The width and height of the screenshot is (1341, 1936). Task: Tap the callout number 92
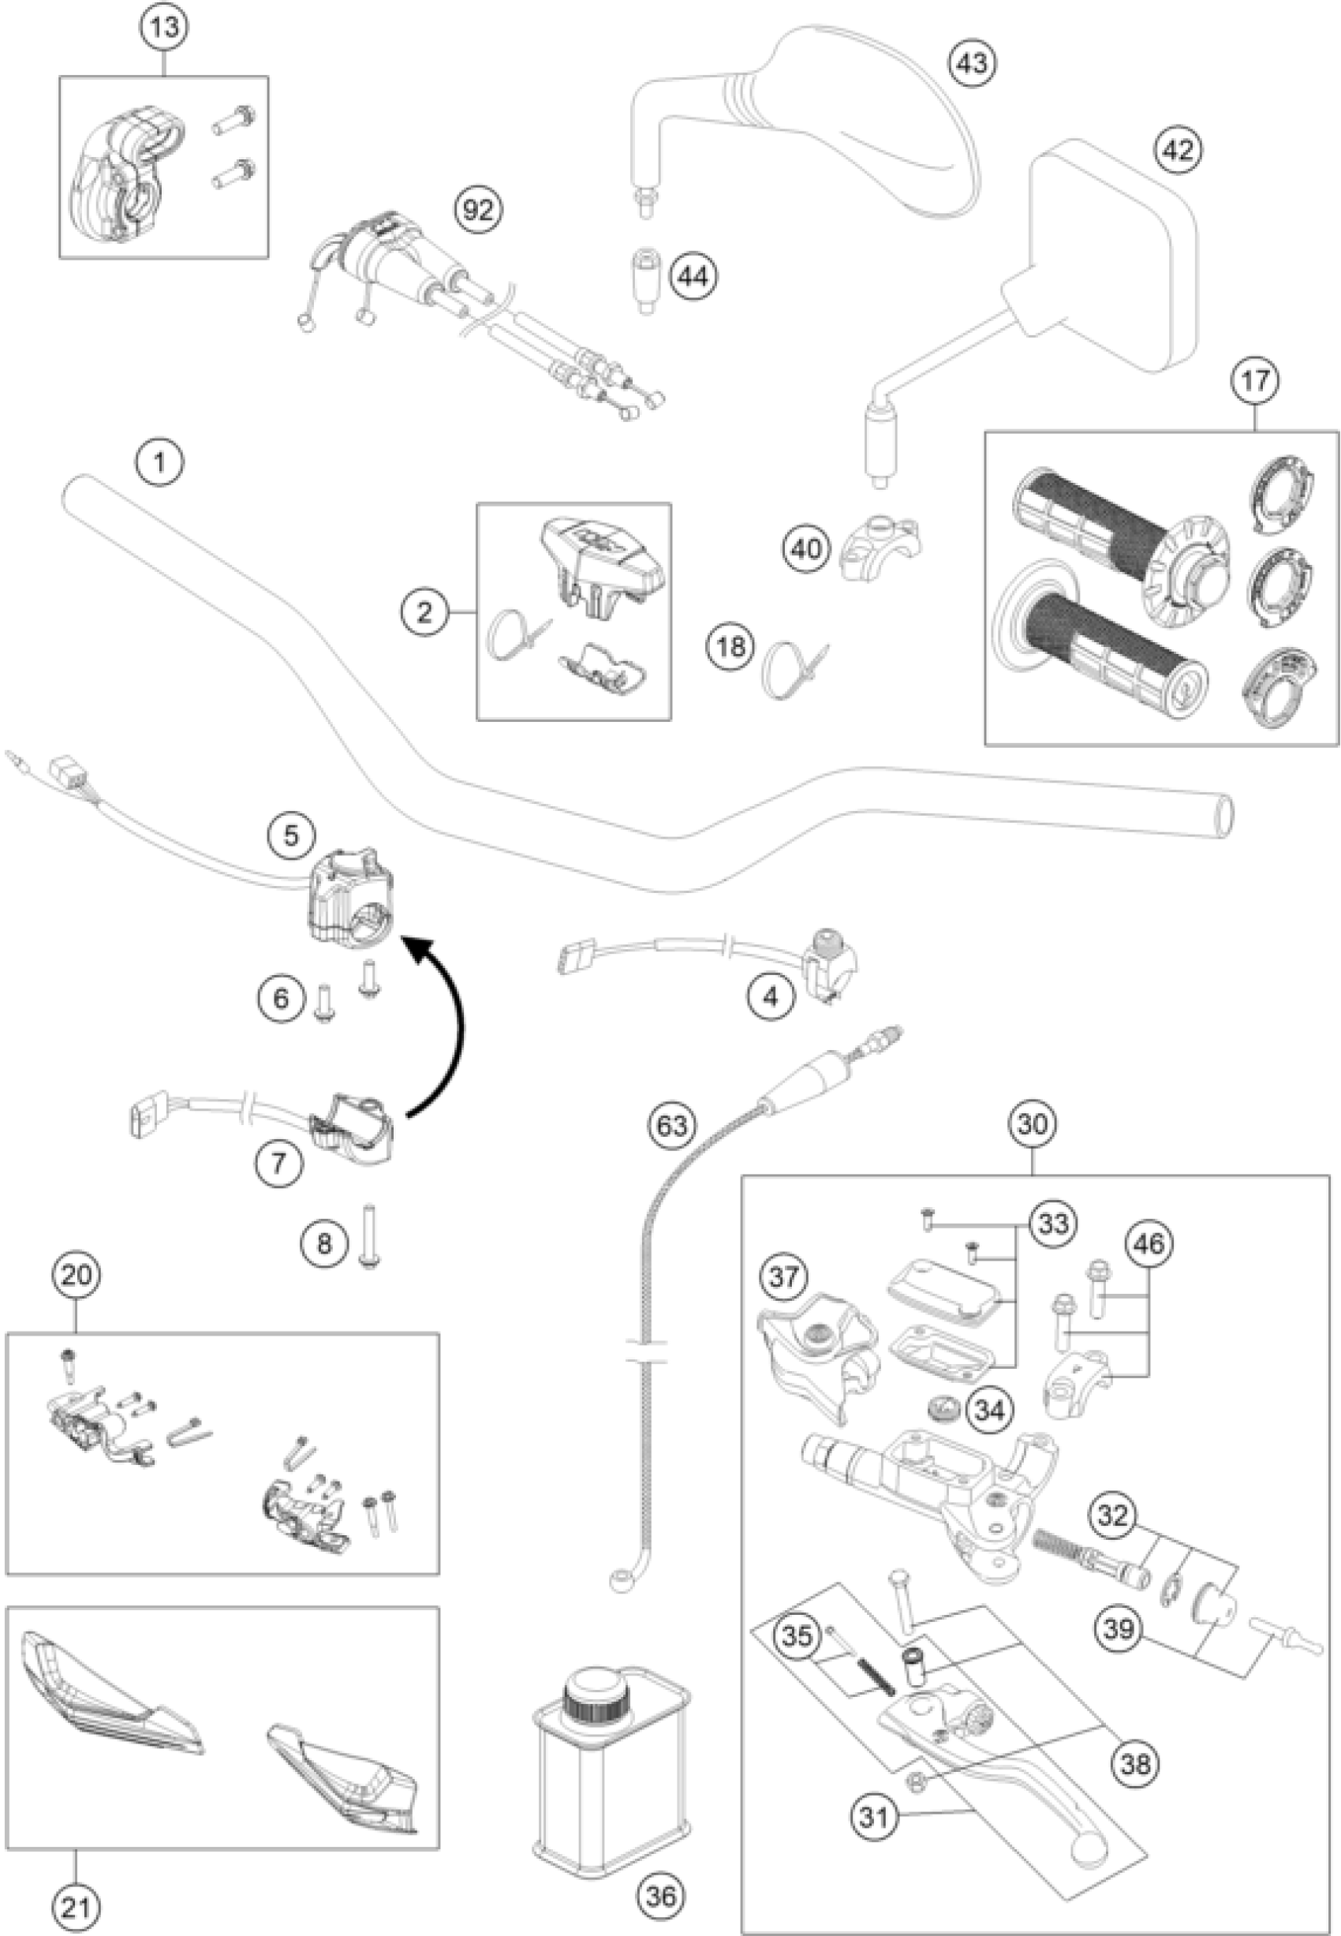click(x=478, y=210)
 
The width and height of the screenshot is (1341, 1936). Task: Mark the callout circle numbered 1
click(x=160, y=462)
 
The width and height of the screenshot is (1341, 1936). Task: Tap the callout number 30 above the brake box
click(x=1033, y=1124)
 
